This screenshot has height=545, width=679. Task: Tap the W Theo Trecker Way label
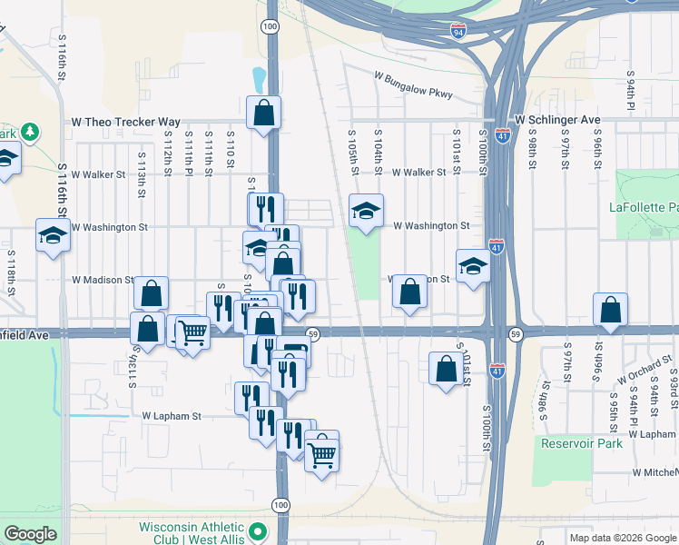(x=126, y=121)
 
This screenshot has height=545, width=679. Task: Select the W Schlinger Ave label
(x=557, y=119)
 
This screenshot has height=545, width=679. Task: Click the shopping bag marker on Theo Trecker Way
(x=263, y=114)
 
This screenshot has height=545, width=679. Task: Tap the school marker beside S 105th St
(x=366, y=213)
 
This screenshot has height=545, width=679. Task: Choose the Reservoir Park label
(x=582, y=443)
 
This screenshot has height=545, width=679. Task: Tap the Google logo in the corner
(x=31, y=534)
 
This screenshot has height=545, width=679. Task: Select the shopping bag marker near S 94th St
(x=611, y=310)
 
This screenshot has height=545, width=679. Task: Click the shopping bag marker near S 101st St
(x=445, y=369)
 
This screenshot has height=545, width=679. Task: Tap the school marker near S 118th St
(x=53, y=236)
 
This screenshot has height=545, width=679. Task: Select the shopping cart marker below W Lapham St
(x=322, y=452)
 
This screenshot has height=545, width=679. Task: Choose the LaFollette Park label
(x=643, y=207)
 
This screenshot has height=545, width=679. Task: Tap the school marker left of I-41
(x=473, y=266)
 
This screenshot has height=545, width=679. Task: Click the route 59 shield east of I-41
(x=515, y=334)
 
